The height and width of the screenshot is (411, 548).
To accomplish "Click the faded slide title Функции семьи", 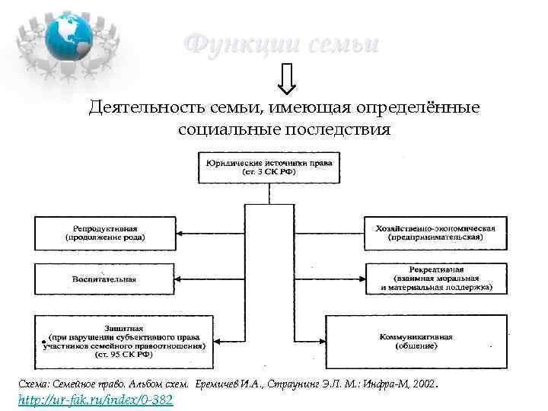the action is point(281,44).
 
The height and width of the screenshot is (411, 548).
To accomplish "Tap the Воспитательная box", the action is point(105,279).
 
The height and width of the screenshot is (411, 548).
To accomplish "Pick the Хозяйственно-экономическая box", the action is point(435,232).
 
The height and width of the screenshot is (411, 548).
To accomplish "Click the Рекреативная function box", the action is point(435,279).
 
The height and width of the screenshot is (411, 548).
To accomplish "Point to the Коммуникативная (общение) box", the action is point(416,341).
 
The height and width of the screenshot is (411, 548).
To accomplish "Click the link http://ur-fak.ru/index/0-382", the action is point(95,400).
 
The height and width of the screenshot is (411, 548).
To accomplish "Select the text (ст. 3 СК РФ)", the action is point(269,173).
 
